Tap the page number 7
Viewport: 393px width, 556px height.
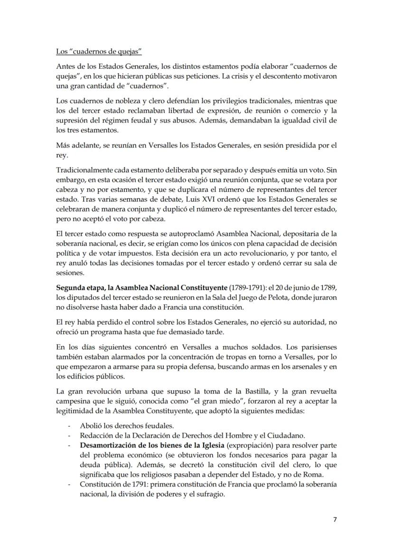click(335, 519)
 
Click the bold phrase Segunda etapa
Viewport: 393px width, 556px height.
click(79, 288)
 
